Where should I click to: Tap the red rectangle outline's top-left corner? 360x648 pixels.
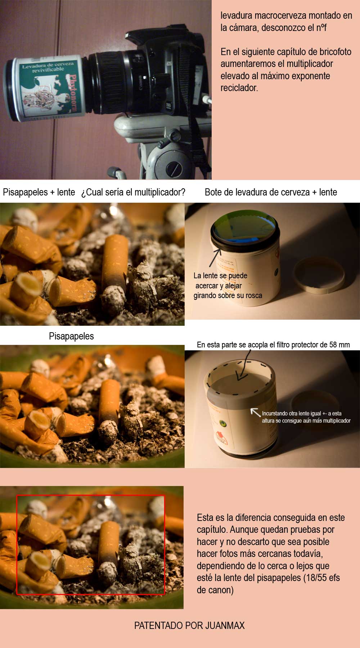[x=17, y=496]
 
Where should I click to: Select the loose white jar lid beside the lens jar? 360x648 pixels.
[x=319, y=275]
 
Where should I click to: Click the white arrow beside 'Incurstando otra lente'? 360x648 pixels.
[x=255, y=412]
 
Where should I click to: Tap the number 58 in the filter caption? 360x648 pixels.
[x=333, y=345]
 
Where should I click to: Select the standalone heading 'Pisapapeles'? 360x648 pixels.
[x=71, y=336]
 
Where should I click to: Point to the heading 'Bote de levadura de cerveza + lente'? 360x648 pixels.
[x=271, y=192]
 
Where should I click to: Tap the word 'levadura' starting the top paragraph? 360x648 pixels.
[x=236, y=15]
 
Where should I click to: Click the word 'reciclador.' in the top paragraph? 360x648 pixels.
[x=239, y=88]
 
